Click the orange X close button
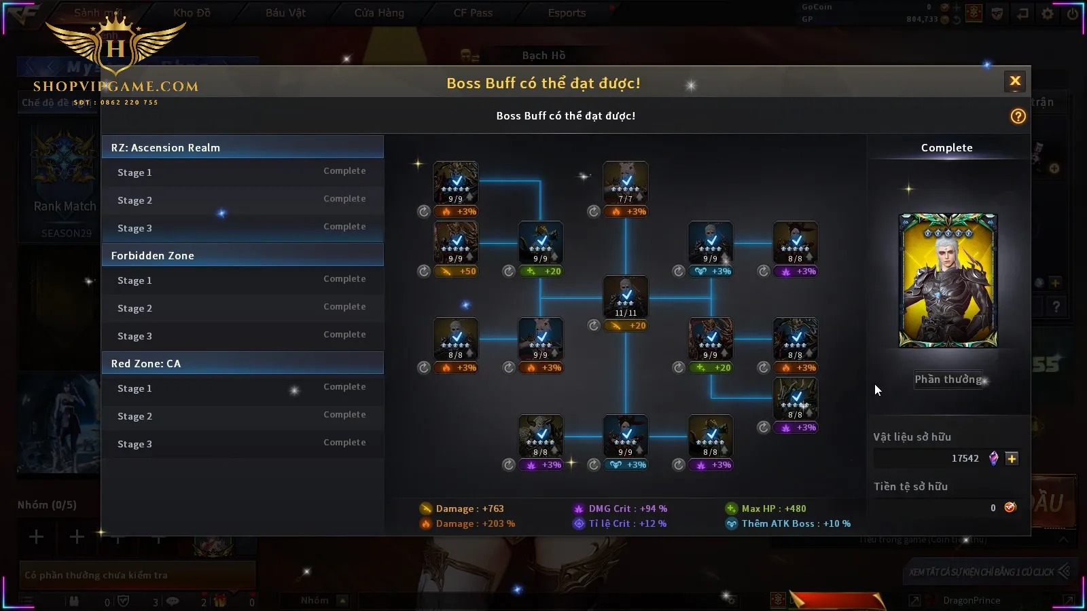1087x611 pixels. click(1015, 81)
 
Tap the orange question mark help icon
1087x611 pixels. click(1018, 116)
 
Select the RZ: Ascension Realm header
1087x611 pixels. click(243, 147)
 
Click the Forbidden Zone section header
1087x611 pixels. click(243, 255)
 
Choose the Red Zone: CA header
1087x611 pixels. click(243, 363)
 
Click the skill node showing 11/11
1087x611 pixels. click(626, 297)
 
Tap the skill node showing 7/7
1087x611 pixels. click(626, 183)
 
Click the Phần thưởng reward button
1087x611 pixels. click(948, 379)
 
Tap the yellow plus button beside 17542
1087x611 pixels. click(1012, 458)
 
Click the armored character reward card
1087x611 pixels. click(948, 280)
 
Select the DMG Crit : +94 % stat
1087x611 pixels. click(627, 508)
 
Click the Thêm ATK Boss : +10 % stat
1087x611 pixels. click(795, 523)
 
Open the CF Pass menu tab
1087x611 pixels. click(473, 13)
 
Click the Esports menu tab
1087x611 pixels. click(567, 13)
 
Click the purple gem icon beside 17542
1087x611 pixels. click(993, 458)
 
